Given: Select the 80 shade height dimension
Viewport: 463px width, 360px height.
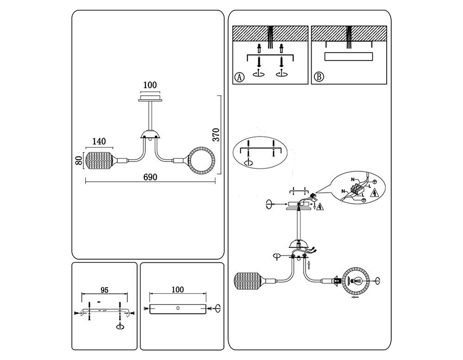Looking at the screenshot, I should pos(79,161).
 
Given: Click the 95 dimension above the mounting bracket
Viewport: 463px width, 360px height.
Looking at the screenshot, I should pos(104,290).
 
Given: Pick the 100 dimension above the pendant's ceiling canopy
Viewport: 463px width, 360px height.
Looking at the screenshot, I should pos(150,85).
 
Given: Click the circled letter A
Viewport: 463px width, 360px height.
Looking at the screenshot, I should pos(239,77).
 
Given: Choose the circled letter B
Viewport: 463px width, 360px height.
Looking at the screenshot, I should pos(319,77).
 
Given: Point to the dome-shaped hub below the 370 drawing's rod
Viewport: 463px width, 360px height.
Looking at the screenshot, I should pos(151,135).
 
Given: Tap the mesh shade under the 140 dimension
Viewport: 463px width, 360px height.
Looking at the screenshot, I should pos(98,161).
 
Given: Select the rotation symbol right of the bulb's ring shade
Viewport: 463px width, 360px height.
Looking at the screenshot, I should pos(378,280).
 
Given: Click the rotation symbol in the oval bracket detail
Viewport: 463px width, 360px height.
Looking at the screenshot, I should pos(249,162).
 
